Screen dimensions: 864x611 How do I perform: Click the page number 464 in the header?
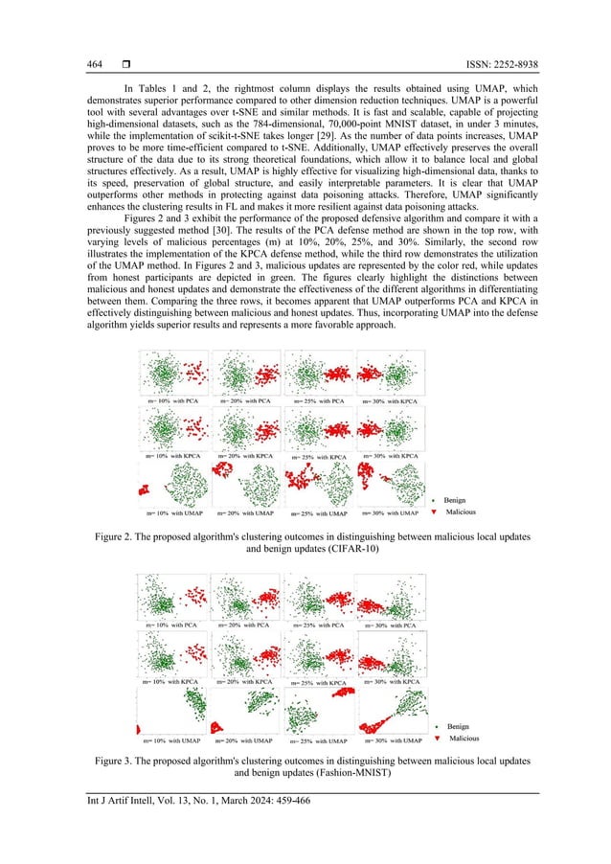coord(95,64)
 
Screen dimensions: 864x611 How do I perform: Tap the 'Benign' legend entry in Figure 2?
coord(455,499)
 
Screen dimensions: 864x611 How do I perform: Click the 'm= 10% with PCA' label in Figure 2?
coord(171,399)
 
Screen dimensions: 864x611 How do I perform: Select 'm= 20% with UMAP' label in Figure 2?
coord(244,514)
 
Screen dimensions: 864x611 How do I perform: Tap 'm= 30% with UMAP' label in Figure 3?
coord(393,740)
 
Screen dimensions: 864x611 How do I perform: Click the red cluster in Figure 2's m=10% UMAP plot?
coord(147,490)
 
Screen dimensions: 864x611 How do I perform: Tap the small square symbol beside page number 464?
coord(125,64)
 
